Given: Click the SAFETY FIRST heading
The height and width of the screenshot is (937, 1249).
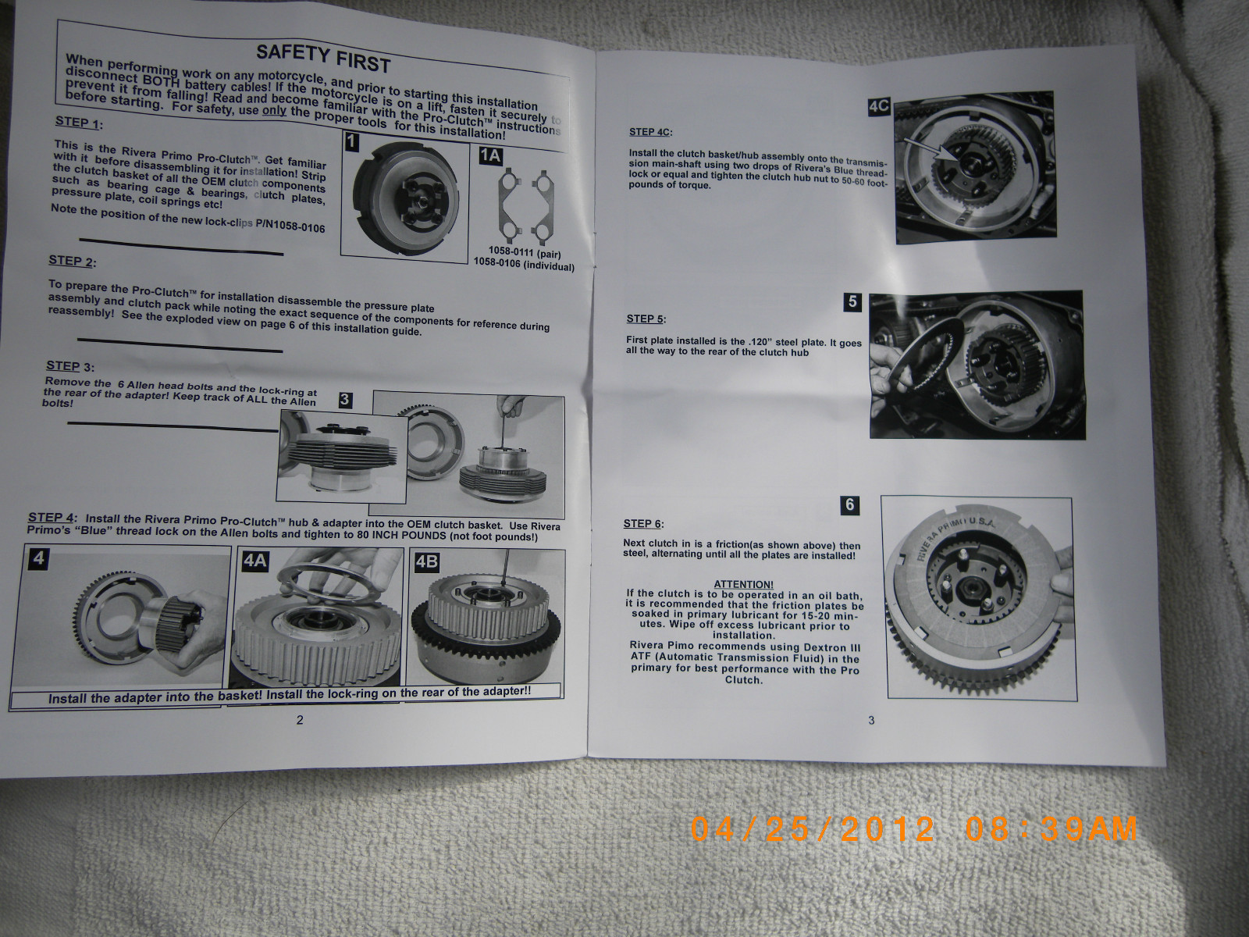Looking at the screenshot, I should pos(322,57).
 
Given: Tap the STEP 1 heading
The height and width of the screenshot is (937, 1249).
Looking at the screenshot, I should pos(78,123).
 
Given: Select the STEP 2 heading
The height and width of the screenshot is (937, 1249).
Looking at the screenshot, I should pos(72,261).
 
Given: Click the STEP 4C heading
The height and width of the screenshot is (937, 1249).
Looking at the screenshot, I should pos(650,132).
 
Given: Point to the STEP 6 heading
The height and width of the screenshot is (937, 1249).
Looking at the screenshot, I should pos(644,524).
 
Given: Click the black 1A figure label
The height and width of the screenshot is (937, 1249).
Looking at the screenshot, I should pos(490,155).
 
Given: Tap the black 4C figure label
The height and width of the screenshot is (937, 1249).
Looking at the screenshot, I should pos(879,106).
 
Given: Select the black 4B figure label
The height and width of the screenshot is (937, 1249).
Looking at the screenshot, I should pos(427,561).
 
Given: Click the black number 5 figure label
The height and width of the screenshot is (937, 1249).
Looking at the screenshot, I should pos(852,301).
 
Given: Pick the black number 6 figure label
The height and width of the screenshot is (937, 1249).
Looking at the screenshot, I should pos(850,504).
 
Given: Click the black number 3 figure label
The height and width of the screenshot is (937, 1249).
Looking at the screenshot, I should pos(345,400).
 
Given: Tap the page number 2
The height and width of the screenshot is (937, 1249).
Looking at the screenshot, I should pos(300,720).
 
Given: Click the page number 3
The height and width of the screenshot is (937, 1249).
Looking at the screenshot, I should pos(872,720).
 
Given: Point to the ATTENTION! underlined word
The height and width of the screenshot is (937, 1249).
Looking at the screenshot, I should pos(743,584).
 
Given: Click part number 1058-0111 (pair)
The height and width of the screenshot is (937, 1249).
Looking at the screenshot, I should pos(524,252).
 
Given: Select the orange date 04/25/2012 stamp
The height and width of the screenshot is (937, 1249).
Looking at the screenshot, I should pos(813,828).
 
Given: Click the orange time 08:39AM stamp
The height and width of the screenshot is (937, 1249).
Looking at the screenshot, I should pos(1051,828).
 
